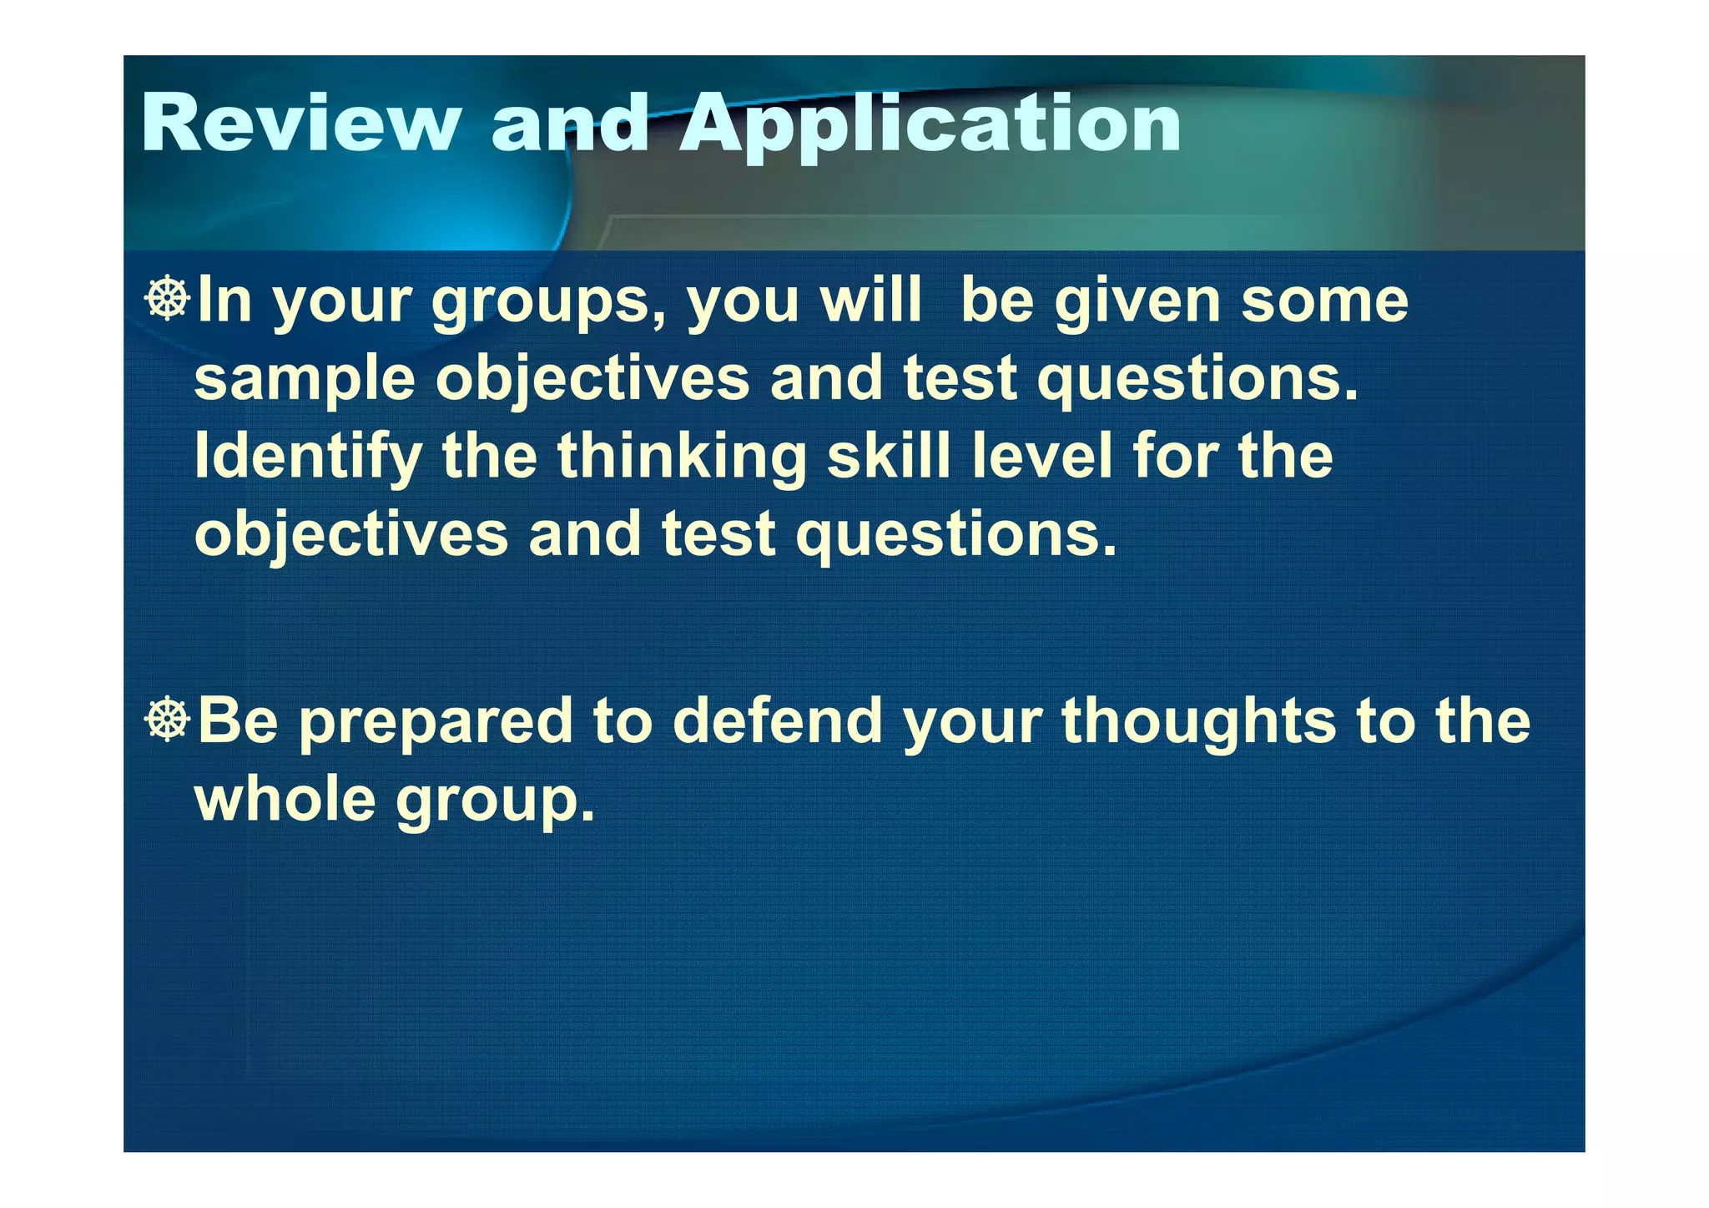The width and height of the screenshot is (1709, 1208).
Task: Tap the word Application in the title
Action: [x=930, y=125]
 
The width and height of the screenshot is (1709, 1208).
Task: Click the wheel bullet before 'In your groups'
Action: [x=168, y=299]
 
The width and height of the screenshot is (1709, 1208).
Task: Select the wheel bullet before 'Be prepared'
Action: [x=168, y=720]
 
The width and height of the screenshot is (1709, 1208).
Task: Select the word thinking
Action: [x=682, y=458]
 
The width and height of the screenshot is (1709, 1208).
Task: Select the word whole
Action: [x=285, y=798]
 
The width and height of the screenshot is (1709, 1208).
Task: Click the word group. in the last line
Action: [x=495, y=801]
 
